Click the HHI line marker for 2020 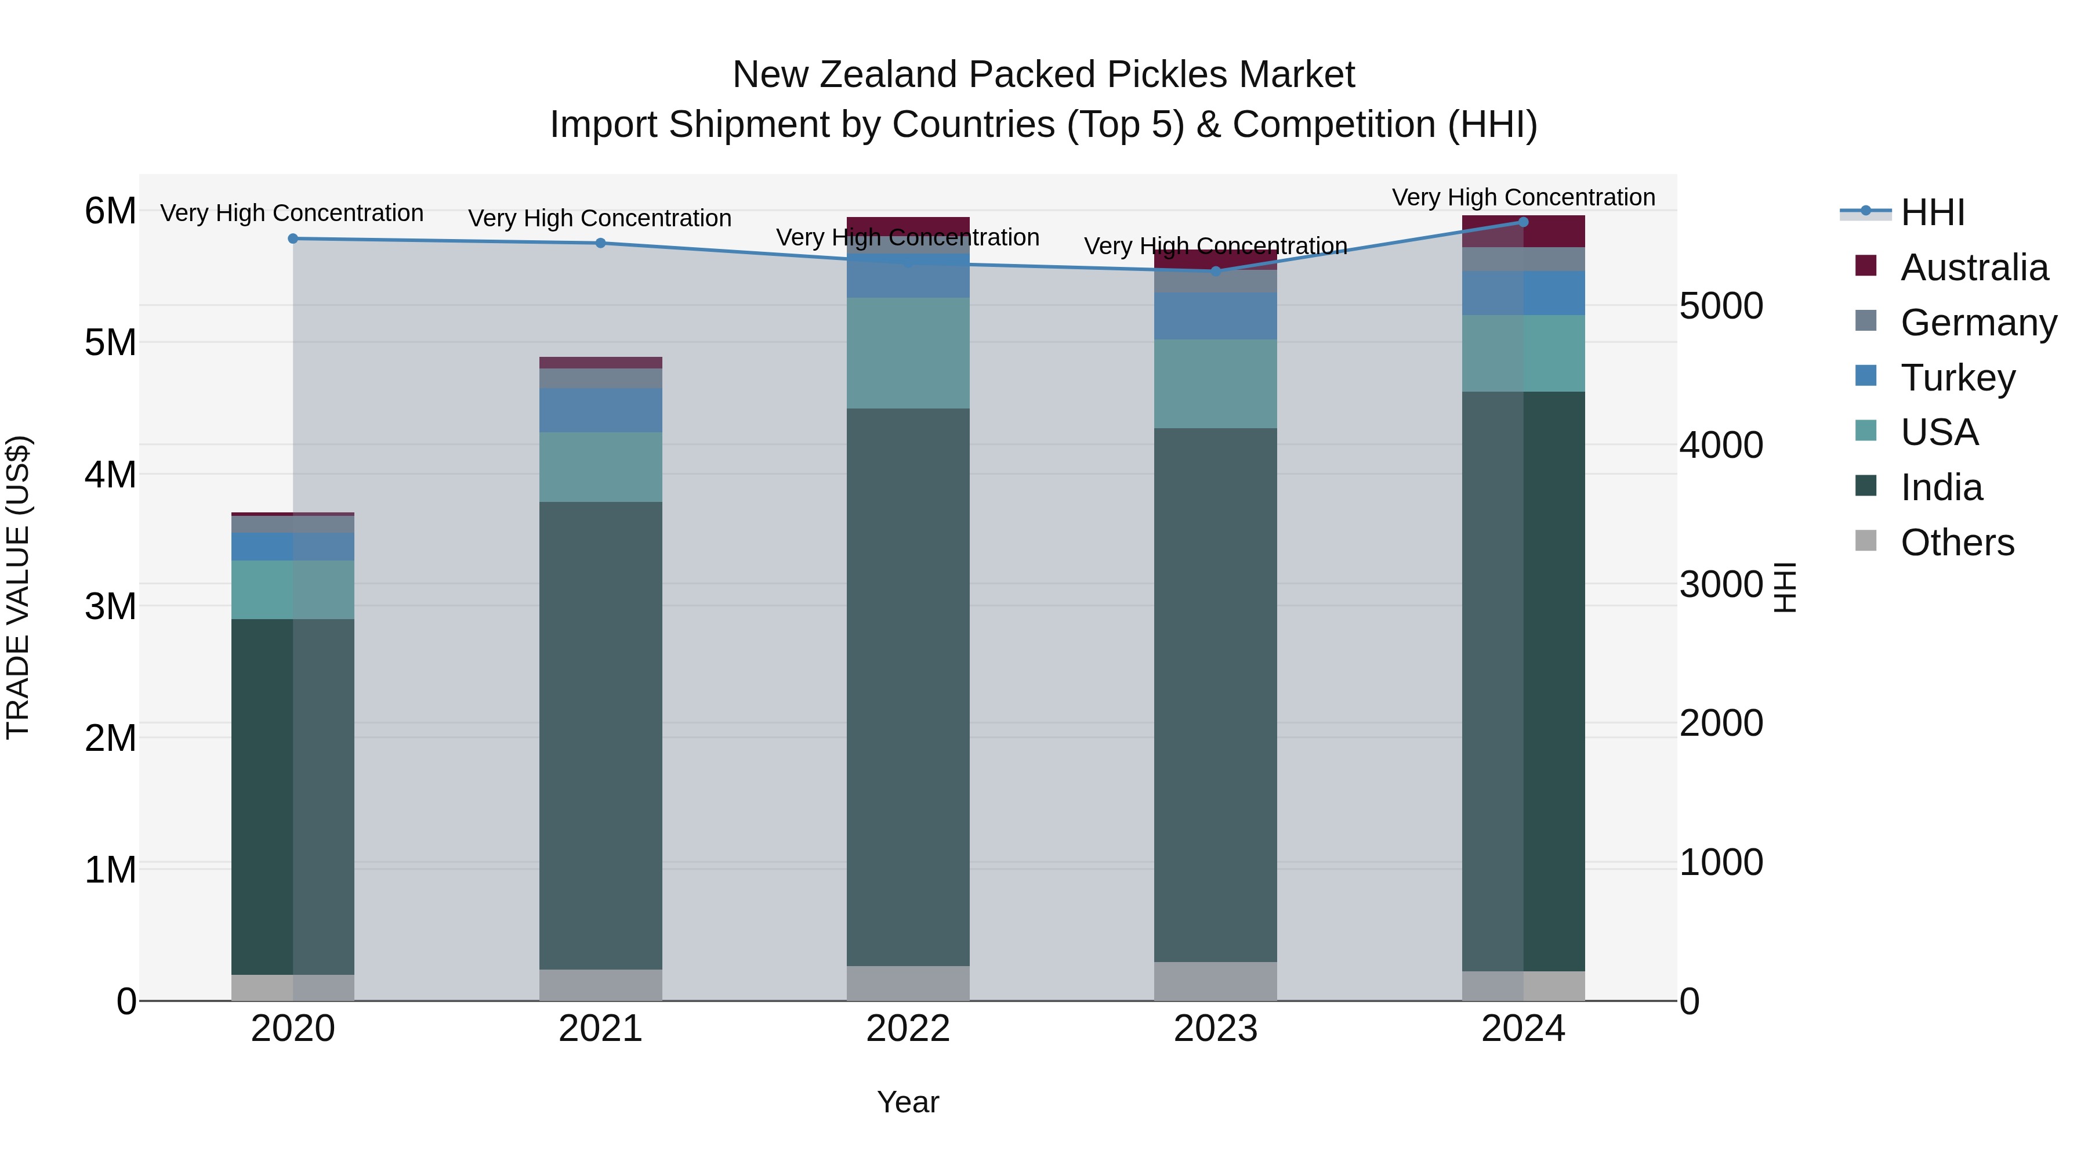click(293, 238)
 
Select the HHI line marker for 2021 click(601, 243)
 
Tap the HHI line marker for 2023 click(1215, 271)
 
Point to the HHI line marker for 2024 click(1523, 222)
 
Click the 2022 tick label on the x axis click(908, 1029)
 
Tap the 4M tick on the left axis click(110, 475)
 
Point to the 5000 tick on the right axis click(1721, 306)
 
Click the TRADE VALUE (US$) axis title click(19, 587)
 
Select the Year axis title click(908, 1102)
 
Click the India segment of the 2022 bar click(908, 687)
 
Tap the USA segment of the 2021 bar click(601, 467)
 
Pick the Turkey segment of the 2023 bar click(1215, 316)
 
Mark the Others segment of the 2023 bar click(1215, 981)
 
